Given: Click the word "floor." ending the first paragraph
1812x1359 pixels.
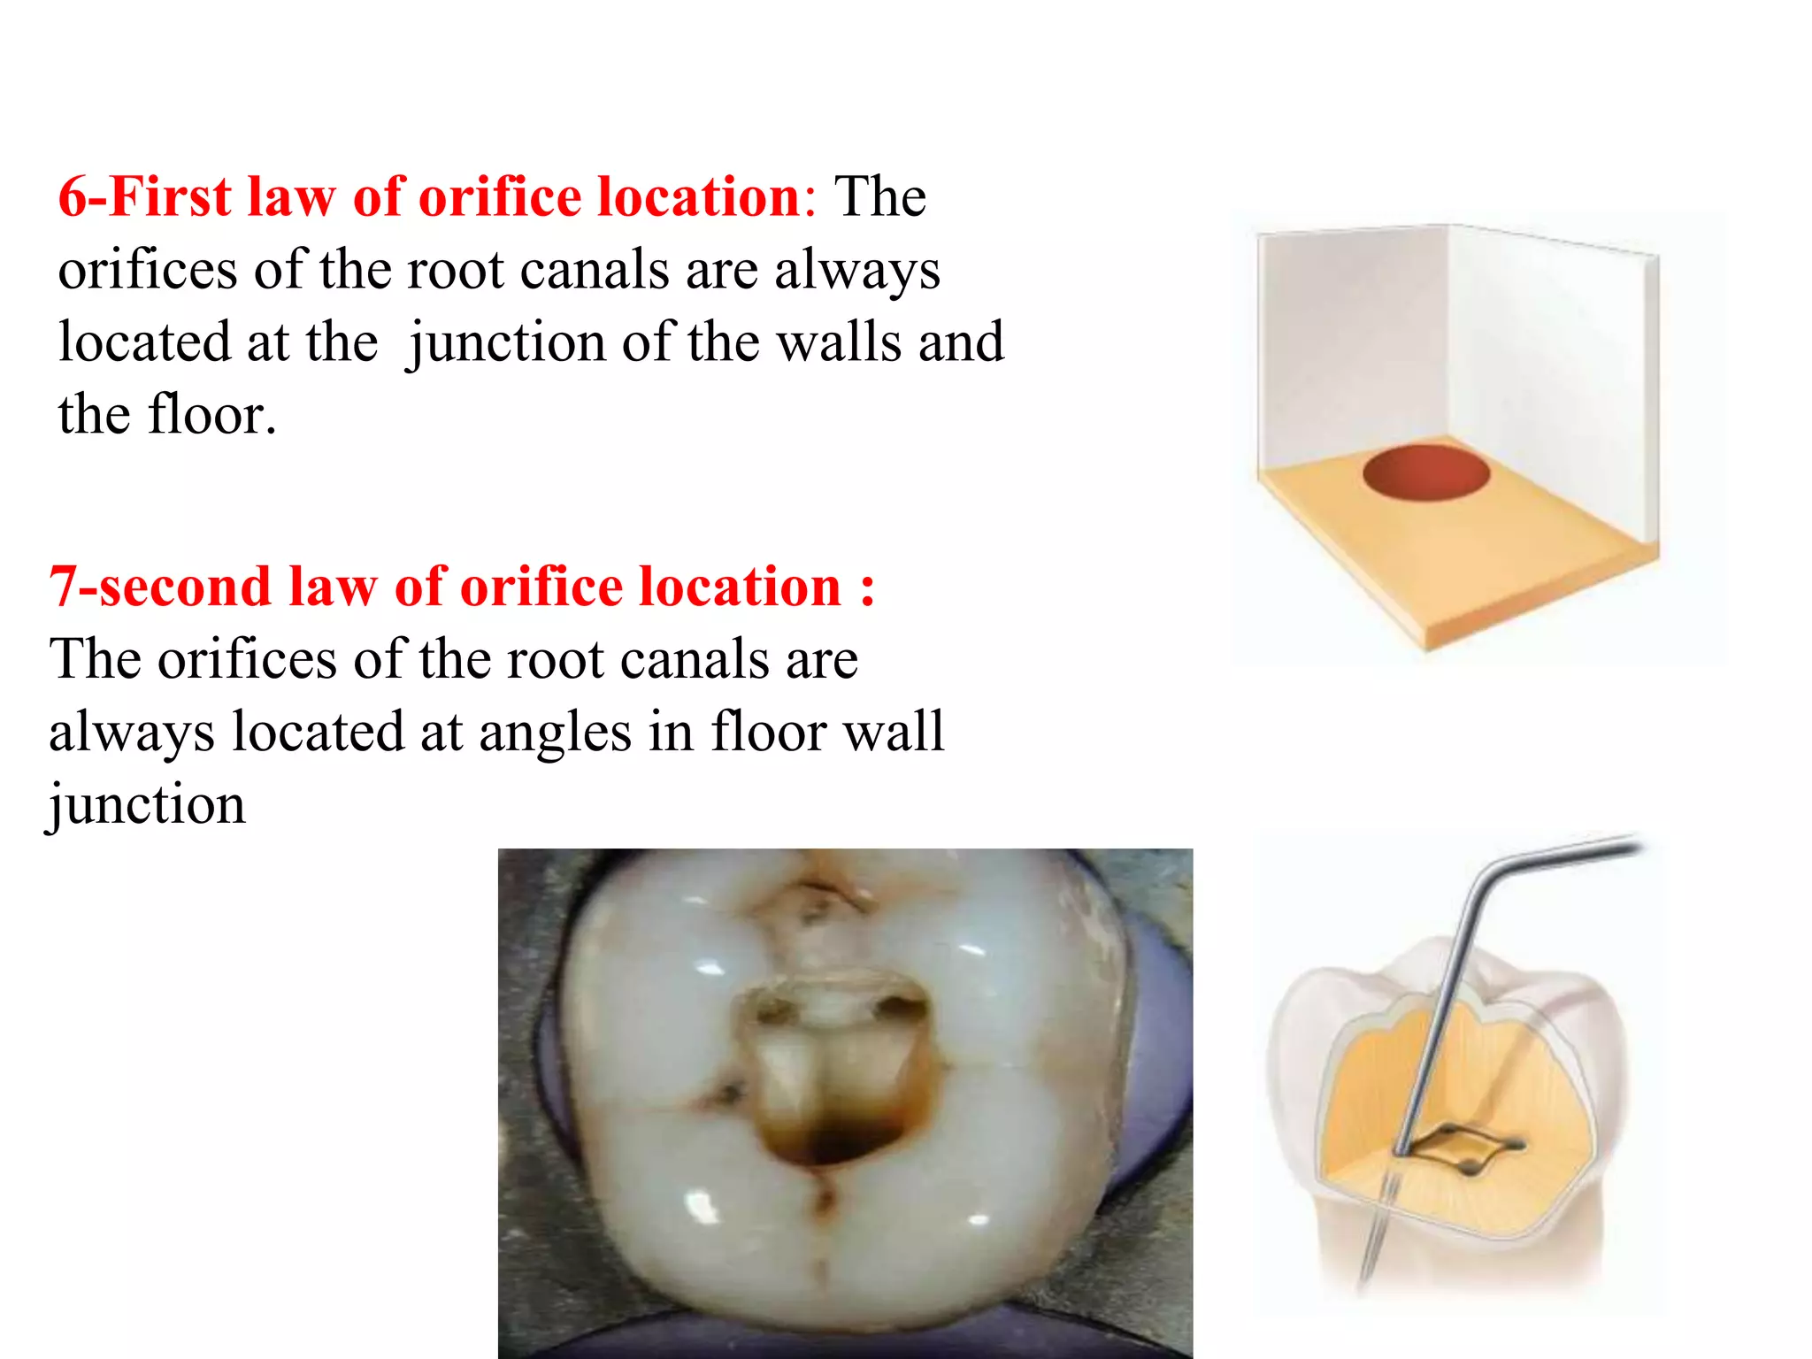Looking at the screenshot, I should [212, 415].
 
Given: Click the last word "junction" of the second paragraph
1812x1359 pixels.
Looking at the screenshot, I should [147, 806].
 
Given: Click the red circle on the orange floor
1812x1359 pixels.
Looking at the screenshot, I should [1425, 472].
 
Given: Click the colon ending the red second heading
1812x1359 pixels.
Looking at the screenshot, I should [867, 588].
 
